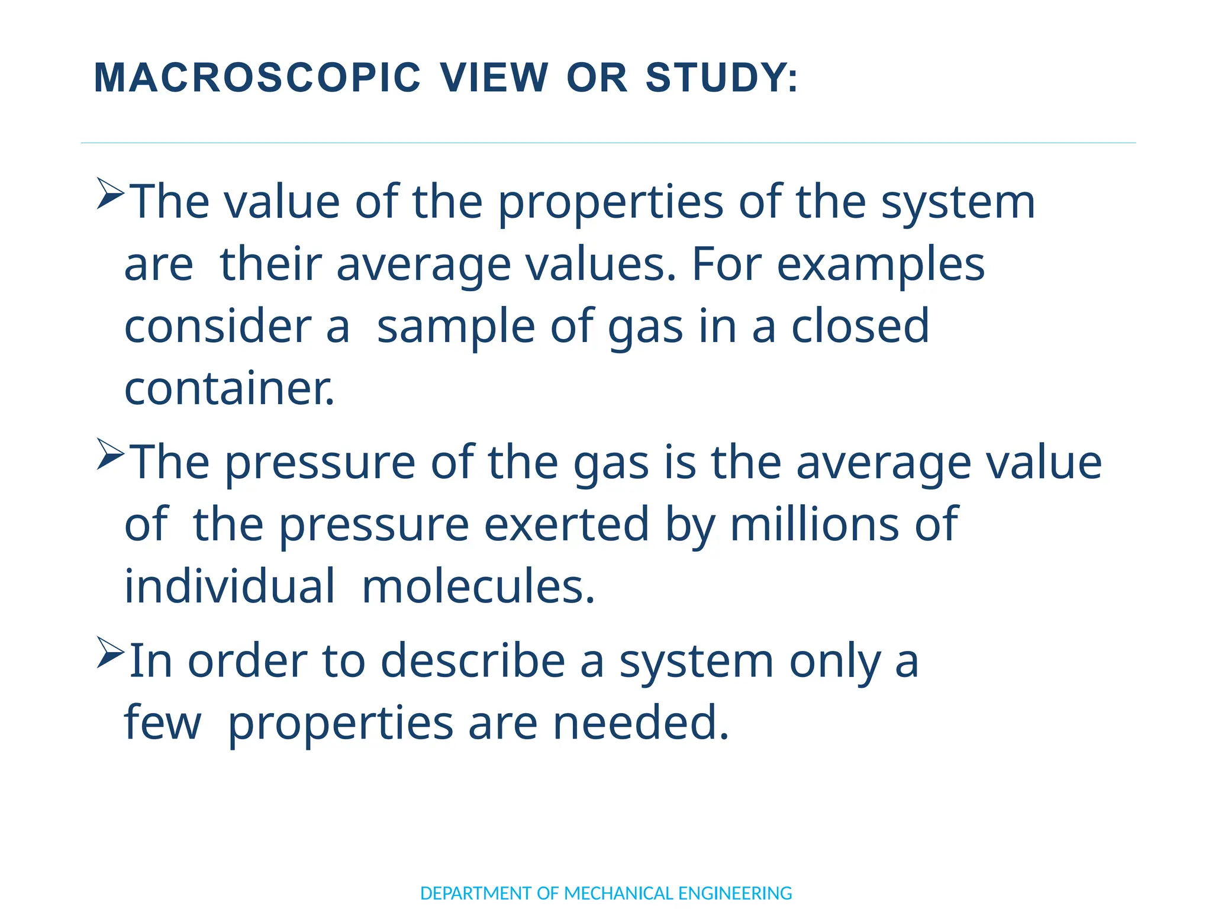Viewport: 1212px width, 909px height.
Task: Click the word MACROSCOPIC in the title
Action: tap(257, 78)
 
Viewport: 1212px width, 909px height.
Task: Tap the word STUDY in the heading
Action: tap(721, 78)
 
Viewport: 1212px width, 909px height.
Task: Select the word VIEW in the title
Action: tap(494, 78)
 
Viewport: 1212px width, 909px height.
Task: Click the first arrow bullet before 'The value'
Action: tap(110, 194)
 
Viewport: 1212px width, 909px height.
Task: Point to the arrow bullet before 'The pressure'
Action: tap(110, 454)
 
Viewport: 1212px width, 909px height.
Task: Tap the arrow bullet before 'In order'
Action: tap(110, 652)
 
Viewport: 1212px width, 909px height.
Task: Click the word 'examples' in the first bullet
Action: tap(880, 265)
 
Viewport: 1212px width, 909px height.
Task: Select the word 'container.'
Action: tap(230, 389)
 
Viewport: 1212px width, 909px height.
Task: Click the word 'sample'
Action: tap(456, 326)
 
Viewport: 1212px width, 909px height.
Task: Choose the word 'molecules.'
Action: tap(478, 586)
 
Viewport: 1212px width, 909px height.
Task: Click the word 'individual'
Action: tap(230, 586)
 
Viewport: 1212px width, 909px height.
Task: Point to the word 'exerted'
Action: tap(566, 524)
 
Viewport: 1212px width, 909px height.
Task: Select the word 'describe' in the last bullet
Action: tap(473, 661)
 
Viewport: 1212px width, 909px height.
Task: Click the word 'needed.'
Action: tap(641, 723)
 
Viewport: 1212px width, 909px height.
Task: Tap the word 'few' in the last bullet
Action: tap(163, 723)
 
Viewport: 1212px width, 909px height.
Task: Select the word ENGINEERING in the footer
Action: tap(734, 893)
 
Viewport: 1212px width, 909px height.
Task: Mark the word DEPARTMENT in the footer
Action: tap(476, 893)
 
